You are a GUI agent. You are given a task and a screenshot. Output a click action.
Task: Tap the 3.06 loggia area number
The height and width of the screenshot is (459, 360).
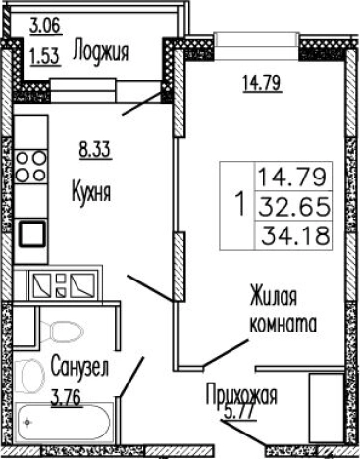tap(43, 25)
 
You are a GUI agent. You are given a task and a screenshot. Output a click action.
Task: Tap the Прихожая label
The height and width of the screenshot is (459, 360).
tap(242, 396)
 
